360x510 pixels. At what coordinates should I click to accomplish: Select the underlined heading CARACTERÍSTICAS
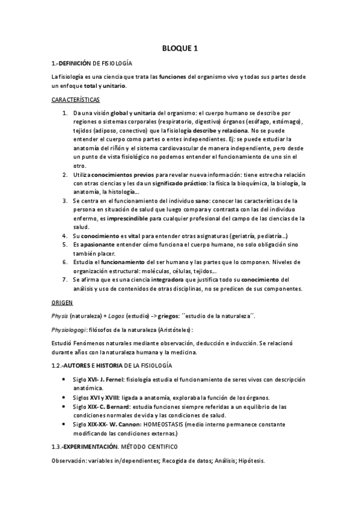[76, 99]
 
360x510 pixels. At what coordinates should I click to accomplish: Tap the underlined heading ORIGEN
[63, 302]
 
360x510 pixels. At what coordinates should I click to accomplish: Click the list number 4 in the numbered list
[65, 236]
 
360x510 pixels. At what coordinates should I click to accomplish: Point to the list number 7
[65, 280]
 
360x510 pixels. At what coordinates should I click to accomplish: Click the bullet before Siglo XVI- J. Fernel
[64, 379]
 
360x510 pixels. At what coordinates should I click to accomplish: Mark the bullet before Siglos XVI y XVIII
[64, 398]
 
